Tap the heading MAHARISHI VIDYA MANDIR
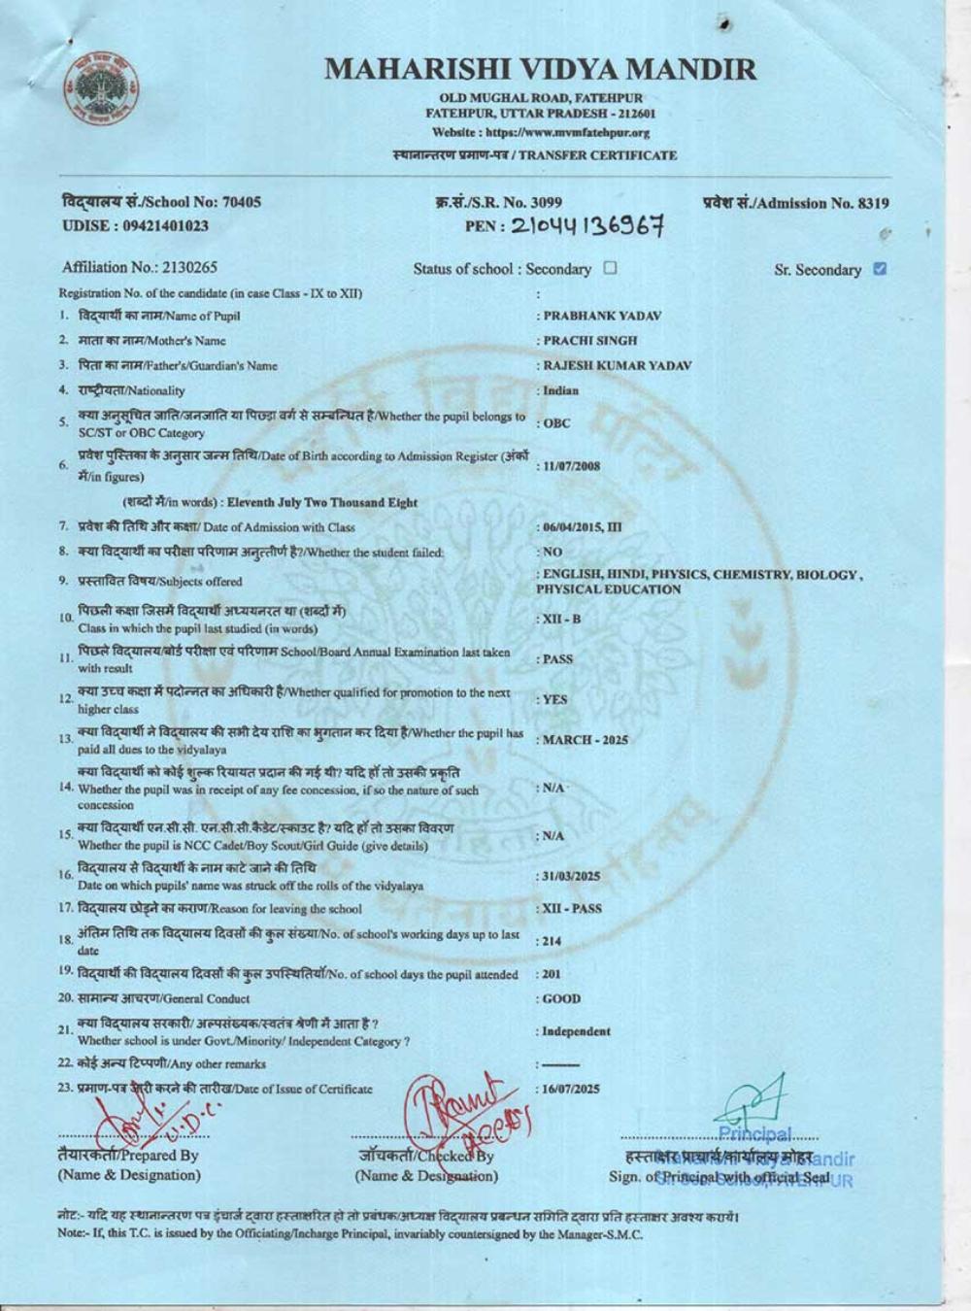click(x=540, y=69)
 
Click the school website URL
click(x=540, y=133)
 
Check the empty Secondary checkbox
click(x=610, y=268)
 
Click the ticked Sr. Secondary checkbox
click(x=880, y=269)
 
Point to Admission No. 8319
click(x=794, y=203)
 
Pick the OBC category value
click(x=556, y=423)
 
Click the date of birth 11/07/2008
click(x=572, y=466)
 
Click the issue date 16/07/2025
click(x=572, y=1090)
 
